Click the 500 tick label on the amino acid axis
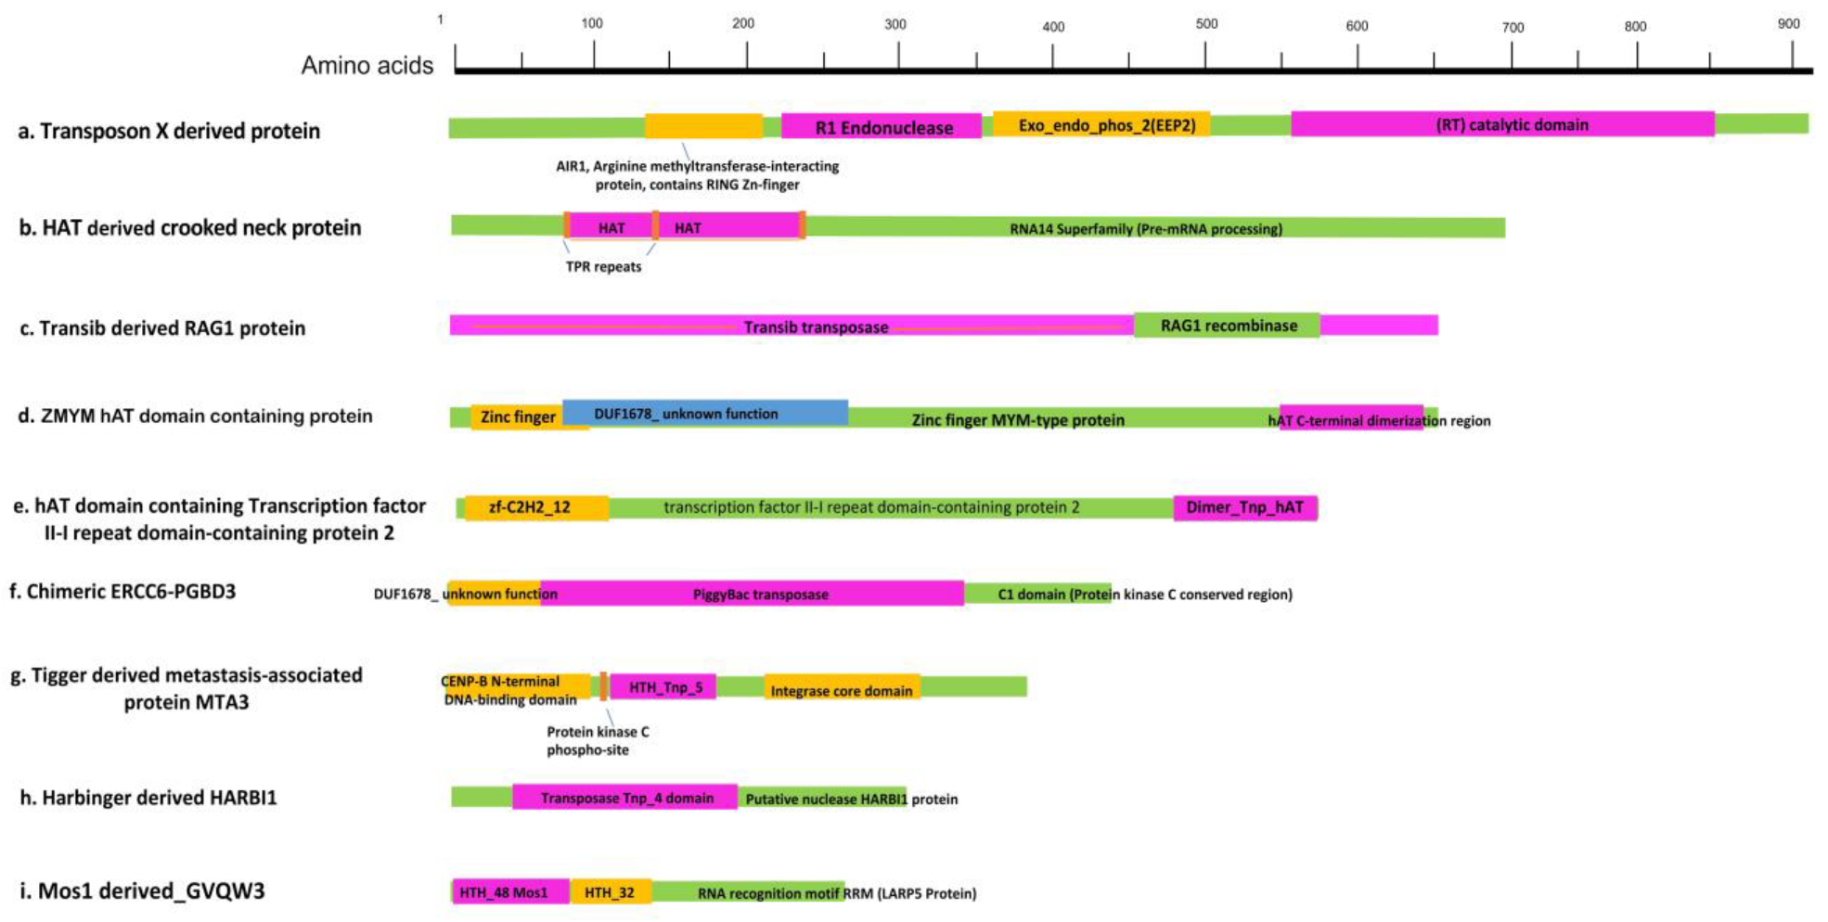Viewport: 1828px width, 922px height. point(1206,24)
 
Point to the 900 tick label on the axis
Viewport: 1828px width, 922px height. point(1788,24)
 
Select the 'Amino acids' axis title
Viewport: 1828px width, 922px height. point(367,65)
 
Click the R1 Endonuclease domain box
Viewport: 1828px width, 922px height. point(882,127)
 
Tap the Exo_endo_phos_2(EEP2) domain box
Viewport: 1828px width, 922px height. point(1102,124)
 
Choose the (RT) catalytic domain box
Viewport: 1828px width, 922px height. point(1502,124)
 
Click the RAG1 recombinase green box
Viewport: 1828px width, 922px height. point(1227,326)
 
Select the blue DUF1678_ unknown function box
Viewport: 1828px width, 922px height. point(705,414)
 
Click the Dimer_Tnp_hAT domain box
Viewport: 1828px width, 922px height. point(1244,507)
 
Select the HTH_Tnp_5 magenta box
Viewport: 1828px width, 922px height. point(664,687)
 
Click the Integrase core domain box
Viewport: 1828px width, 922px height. point(842,689)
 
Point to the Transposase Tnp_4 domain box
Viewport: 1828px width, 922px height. point(625,798)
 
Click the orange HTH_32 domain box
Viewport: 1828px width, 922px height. point(611,892)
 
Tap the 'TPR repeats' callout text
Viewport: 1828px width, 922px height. point(603,267)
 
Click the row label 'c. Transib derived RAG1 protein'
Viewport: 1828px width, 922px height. point(162,328)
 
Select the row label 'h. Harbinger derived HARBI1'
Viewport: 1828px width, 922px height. point(148,798)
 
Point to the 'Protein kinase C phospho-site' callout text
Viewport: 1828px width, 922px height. point(597,740)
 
